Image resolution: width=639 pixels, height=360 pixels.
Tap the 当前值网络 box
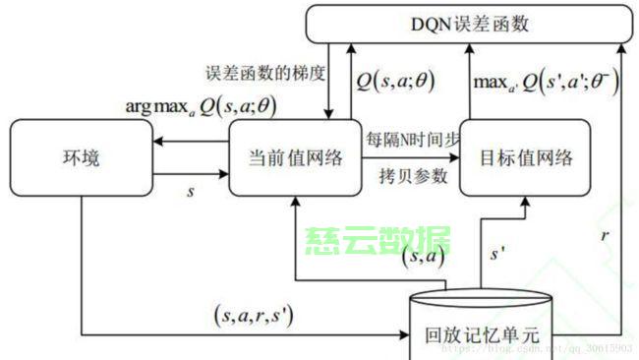tap(295, 156)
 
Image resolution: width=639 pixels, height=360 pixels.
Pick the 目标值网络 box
tap(525, 156)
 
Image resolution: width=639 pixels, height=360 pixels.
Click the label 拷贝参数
tap(413, 177)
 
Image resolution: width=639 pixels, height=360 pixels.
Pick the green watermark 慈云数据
tap(378, 239)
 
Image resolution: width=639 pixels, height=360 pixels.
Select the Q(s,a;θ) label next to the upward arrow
tap(396, 81)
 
